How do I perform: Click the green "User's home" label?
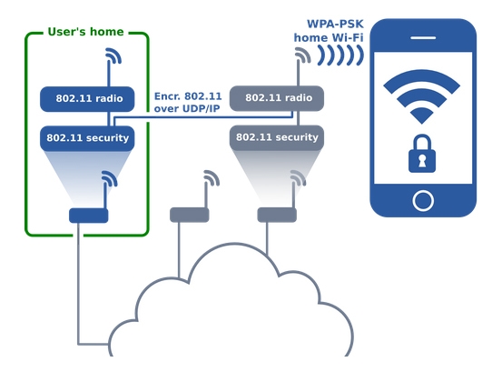tap(85, 32)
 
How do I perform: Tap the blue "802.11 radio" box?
tap(87, 99)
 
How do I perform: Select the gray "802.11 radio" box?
tap(277, 98)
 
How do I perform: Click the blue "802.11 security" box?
tap(87, 138)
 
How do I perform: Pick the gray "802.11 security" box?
tap(277, 137)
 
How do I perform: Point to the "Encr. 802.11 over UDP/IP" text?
tap(188, 102)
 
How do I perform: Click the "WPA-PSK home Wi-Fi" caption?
tap(329, 31)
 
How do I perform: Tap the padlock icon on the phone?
tap(422, 154)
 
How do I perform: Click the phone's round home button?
tap(423, 201)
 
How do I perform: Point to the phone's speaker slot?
tap(423, 38)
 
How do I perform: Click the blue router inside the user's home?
tap(89, 216)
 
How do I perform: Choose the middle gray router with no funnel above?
tap(189, 215)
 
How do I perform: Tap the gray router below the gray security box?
tap(277, 215)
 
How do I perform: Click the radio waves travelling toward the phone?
tap(340, 55)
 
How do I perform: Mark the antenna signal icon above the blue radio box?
tap(113, 55)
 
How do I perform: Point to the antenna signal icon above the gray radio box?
tap(303, 55)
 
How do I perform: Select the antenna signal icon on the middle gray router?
tap(212, 178)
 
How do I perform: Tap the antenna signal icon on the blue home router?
tap(110, 178)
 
